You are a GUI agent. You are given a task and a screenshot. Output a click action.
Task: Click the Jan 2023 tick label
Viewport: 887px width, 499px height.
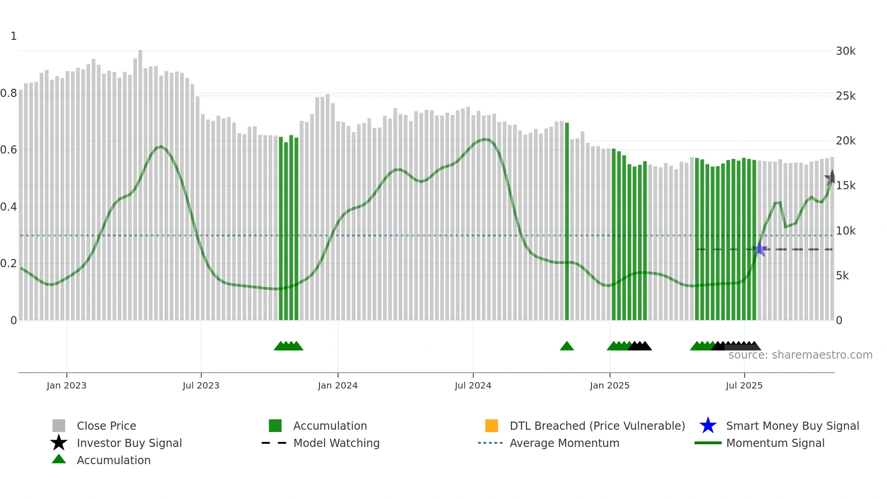[67, 385]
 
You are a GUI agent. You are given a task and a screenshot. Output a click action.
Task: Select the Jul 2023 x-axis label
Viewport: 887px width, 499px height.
[201, 385]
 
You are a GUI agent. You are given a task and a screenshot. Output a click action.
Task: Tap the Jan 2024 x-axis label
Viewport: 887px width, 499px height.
[338, 385]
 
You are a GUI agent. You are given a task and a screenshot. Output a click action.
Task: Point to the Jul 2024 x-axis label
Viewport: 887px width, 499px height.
[473, 385]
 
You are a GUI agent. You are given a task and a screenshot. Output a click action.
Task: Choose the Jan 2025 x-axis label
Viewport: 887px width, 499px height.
[610, 385]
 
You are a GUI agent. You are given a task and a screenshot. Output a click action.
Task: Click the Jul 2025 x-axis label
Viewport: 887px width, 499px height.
[744, 385]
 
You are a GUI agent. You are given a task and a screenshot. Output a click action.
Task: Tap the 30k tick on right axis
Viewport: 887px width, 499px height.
[845, 51]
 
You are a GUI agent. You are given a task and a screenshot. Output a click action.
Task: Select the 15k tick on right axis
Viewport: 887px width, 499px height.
[845, 186]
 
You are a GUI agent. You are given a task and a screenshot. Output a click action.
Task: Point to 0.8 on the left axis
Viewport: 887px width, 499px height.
[9, 93]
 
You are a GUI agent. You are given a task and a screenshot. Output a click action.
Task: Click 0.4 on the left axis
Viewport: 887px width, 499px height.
[9, 207]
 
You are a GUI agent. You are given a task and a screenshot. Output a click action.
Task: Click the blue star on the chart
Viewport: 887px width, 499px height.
[760, 249]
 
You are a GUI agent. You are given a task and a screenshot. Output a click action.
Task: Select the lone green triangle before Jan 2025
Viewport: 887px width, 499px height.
[567, 346]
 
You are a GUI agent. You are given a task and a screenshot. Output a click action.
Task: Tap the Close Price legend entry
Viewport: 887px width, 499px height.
[106, 426]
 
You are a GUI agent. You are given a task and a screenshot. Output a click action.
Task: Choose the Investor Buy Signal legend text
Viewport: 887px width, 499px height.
[129, 443]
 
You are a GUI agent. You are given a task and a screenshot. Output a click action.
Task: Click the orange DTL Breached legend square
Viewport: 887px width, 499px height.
[491, 426]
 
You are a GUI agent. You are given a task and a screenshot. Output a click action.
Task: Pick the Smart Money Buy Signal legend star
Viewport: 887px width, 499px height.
[708, 426]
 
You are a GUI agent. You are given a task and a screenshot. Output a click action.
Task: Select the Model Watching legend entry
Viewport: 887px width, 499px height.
[336, 443]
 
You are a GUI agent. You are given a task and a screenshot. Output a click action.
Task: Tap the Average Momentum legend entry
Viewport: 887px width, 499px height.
[564, 443]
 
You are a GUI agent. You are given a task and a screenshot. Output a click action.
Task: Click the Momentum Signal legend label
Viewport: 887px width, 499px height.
[775, 443]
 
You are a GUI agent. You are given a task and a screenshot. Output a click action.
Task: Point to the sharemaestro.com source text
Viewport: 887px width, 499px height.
[800, 355]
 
